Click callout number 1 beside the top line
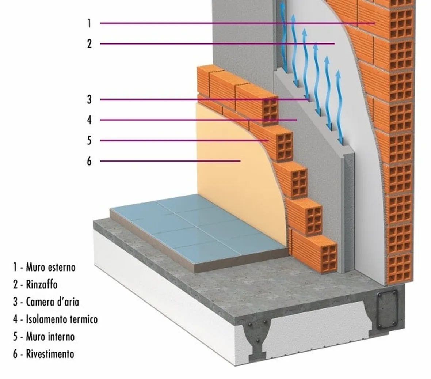pyautogui.click(x=89, y=23)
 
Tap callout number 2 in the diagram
pyautogui.click(x=89, y=44)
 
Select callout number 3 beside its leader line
pyautogui.click(x=89, y=99)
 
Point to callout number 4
pyautogui.click(x=89, y=120)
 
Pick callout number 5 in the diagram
pyautogui.click(x=89, y=141)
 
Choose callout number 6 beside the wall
pyautogui.click(x=89, y=161)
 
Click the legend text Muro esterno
pyautogui.click(x=50, y=267)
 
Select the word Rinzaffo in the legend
pyautogui.click(x=42, y=284)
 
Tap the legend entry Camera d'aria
pyautogui.click(x=53, y=302)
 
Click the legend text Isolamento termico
pyautogui.click(x=62, y=319)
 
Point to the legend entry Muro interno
pyautogui.click(x=50, y=336)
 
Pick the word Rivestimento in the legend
pyautogui.click(x=50, y=354)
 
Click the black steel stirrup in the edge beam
pyautogui.click(x=388, y=309)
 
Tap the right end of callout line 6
pyautogui.click(x=240, y=161)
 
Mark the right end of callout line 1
pyautogui.click(x=375, y=23)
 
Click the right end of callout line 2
pyautogui.click(x=335, y=43)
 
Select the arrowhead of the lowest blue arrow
pyautogui.click(x=338, y=74)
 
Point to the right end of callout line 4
pyautogui.click(x=297, y=120)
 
